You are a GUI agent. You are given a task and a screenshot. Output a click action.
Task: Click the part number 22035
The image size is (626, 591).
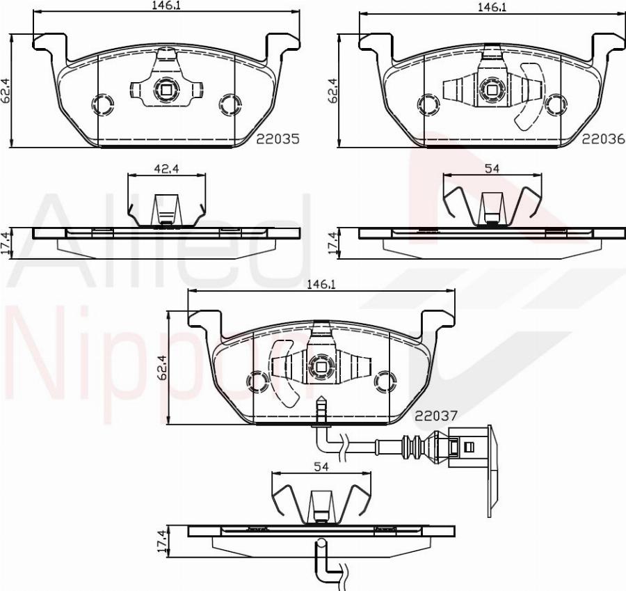click(x=278, y=139)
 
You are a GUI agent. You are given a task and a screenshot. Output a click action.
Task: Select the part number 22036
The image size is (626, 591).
click(x=603, y=139)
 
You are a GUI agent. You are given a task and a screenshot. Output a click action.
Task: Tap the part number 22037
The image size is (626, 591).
click(x=436, y=416)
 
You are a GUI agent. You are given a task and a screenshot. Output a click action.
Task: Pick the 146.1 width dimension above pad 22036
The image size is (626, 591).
click(x=491, y=6)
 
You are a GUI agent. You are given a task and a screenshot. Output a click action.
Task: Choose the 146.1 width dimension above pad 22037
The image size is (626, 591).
click(x=321, y=284)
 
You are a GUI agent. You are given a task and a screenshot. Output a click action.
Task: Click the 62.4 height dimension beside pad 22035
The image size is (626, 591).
click(x=6, y=91)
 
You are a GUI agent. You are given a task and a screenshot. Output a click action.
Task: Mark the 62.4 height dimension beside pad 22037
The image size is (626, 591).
click(x=162, y=368)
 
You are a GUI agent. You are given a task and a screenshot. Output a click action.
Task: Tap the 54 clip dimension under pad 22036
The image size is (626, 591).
click(x=492, y=168)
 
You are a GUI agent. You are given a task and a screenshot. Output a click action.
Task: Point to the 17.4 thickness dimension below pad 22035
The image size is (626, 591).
click(x=6, y=244)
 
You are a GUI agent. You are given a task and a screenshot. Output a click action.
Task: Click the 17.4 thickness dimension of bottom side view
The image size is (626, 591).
click(x=162, y=542)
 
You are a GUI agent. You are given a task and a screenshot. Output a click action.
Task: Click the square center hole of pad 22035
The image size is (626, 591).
click(x=166, y=88)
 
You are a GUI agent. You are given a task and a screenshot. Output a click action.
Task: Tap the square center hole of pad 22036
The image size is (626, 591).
click(x=491, y=88)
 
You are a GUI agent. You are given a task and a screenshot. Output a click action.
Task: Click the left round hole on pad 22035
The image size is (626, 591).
click(x=102, y=104)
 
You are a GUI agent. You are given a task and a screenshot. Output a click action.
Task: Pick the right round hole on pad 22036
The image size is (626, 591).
click(x=554, y=105)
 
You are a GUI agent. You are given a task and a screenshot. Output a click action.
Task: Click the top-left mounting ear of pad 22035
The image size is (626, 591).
click(x=49, y=43)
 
